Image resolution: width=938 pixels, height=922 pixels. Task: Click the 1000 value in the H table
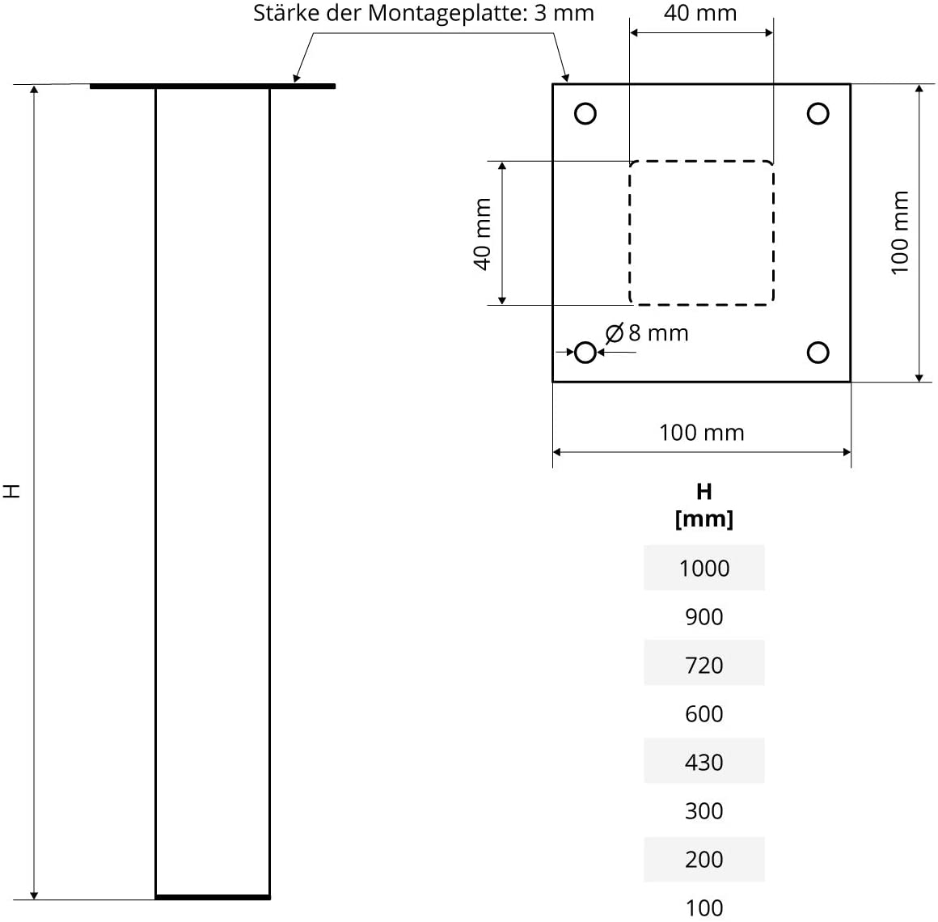pyautogui.click(x=704, y=568)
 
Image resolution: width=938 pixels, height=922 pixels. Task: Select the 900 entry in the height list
pyautogui.click(x=704, y=616)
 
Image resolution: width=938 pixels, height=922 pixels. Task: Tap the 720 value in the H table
pyautogui.click(x=704, y=665)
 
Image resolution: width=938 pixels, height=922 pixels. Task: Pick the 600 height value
pyautogui.click(x=704, y=713)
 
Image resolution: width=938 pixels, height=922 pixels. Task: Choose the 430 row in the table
pyautogui.click(x=704, y=762)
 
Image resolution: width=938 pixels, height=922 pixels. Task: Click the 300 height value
pyautogui.click(x=704, y=810)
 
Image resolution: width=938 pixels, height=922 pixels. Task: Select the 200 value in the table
pyautogui.click(x=704, y=859)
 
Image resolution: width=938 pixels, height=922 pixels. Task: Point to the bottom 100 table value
pyautogui.click(x=704, y=907)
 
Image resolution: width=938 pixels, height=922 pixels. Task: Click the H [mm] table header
pyautogui.click(x=704, y=505)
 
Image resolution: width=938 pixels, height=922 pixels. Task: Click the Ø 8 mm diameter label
pyautogui.click(x=647, y=333)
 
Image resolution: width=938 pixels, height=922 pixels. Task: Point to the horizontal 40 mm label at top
pyautogui.click(x=700, y=13)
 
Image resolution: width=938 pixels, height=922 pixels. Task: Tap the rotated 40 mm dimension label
pyautogui.click(x=482, y=234)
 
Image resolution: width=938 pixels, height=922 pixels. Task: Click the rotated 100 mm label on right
pyautogui.click(x=900, y=232)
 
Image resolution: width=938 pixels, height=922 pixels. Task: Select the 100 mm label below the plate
pyautogui.click(x=702, y=433)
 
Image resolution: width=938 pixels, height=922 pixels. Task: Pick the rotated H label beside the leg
pyautogui.click(x=12, y=491)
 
